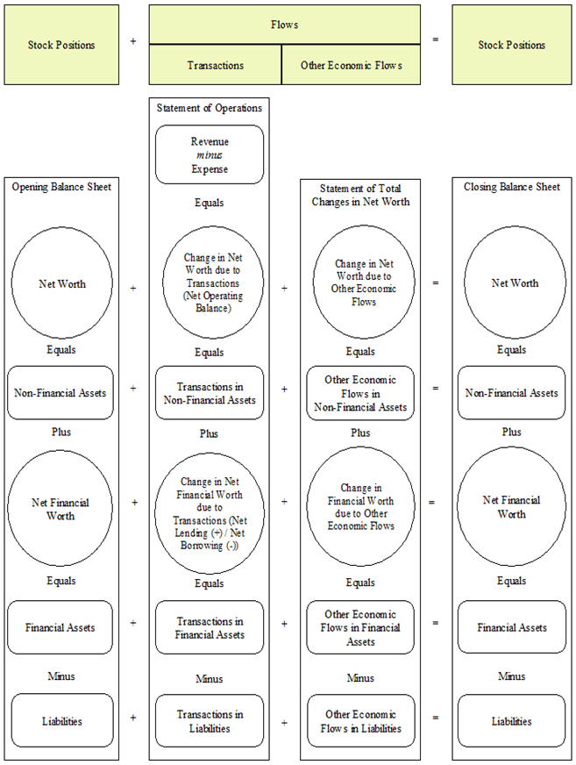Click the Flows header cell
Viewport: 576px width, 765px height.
(286, 25)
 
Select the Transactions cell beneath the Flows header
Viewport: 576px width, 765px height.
(216, 66)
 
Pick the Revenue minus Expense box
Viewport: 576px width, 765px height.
(210, 154)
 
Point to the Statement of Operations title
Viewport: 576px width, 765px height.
(210, 108)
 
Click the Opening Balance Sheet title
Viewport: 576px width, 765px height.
(61, 187)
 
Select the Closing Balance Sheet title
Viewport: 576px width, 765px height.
(511, 187)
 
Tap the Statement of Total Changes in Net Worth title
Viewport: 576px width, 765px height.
(360, 194)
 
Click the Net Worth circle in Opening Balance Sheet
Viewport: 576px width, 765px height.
(61, 283)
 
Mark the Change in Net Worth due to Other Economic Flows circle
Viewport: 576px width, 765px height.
(360, 282)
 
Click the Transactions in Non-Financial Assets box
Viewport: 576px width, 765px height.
(210, 393)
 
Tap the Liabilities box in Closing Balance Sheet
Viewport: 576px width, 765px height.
(511, 721)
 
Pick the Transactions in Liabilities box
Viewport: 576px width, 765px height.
(210, 721)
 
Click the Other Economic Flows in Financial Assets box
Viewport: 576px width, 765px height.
(360, 627)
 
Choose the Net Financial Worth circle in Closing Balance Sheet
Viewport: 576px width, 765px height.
(511, 507)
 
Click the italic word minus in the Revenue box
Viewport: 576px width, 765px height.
(210, 155)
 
